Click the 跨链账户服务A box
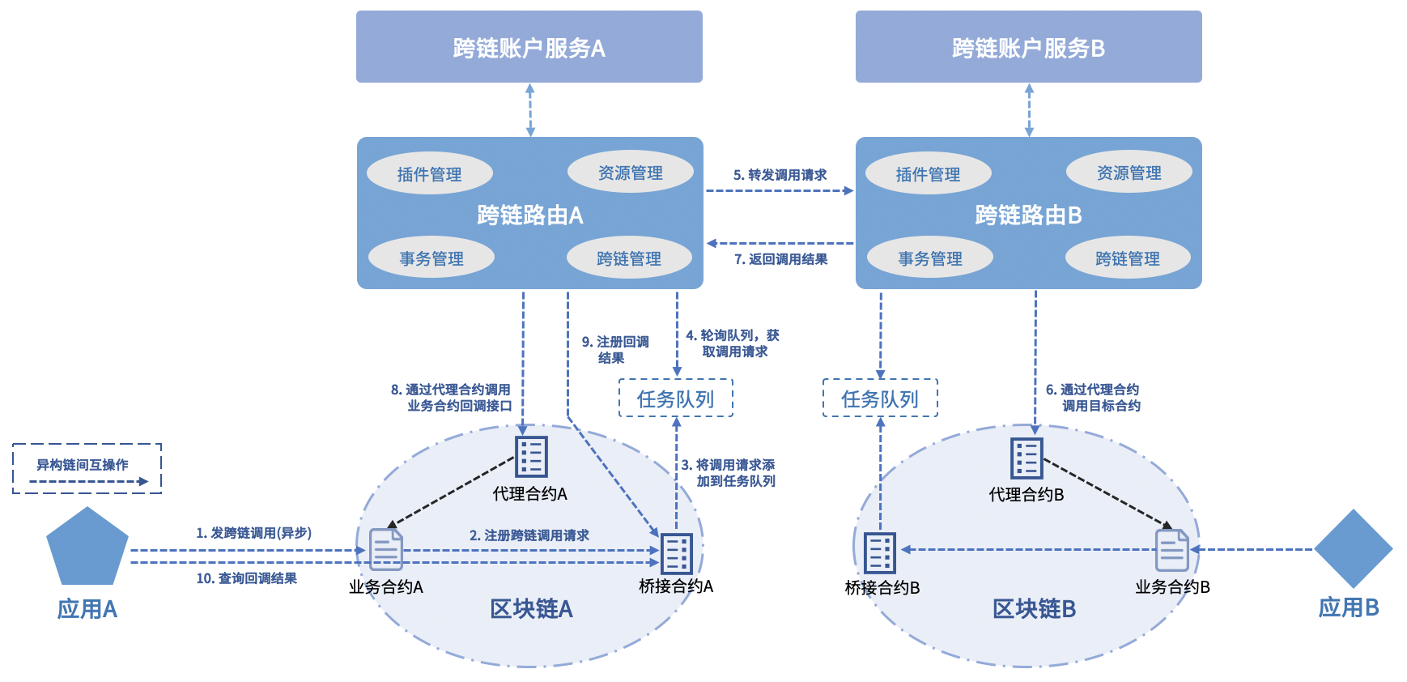[529, 47]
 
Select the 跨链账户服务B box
[1028, 47]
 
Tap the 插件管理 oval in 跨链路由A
[429, 173]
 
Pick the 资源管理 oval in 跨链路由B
[1129, 172]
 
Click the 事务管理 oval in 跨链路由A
[431, 258]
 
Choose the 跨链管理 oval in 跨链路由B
[1127, 258]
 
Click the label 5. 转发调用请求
[780, 175]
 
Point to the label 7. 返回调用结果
[780, 259]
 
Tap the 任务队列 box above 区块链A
[675, 399]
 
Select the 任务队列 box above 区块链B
[880, 399]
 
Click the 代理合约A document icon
[531, 457]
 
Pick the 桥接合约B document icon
[880, 553]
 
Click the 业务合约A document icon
[386, 549]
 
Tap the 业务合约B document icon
[1171, 550]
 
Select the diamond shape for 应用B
[1353, 548]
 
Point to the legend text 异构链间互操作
[83, 465]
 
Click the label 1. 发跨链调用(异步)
[253, 533]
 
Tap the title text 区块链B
[1034, 609]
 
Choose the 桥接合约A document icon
[676, 554]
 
